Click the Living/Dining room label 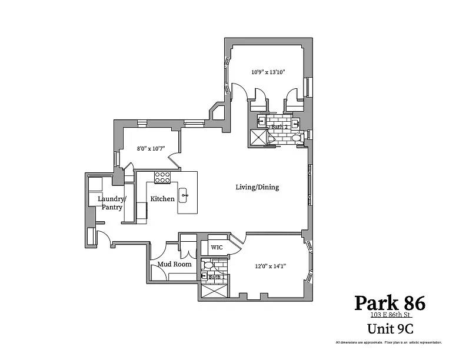[257, 187]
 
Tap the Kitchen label [162, 199]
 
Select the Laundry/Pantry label [112, 203]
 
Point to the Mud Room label [174, 264]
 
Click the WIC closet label [217, 248]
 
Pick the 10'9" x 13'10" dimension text [268, 72]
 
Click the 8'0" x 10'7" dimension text [151, 148]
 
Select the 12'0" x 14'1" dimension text [271, 266]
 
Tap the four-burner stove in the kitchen [162, 177]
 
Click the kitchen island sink [183, 195]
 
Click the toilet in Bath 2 [297, 138]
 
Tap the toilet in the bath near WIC [208, 265]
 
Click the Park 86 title [390, 303]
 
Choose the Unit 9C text [391, 329]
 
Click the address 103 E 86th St [391, 315]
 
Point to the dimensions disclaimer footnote [389, 342]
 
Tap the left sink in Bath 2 [261, 121]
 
